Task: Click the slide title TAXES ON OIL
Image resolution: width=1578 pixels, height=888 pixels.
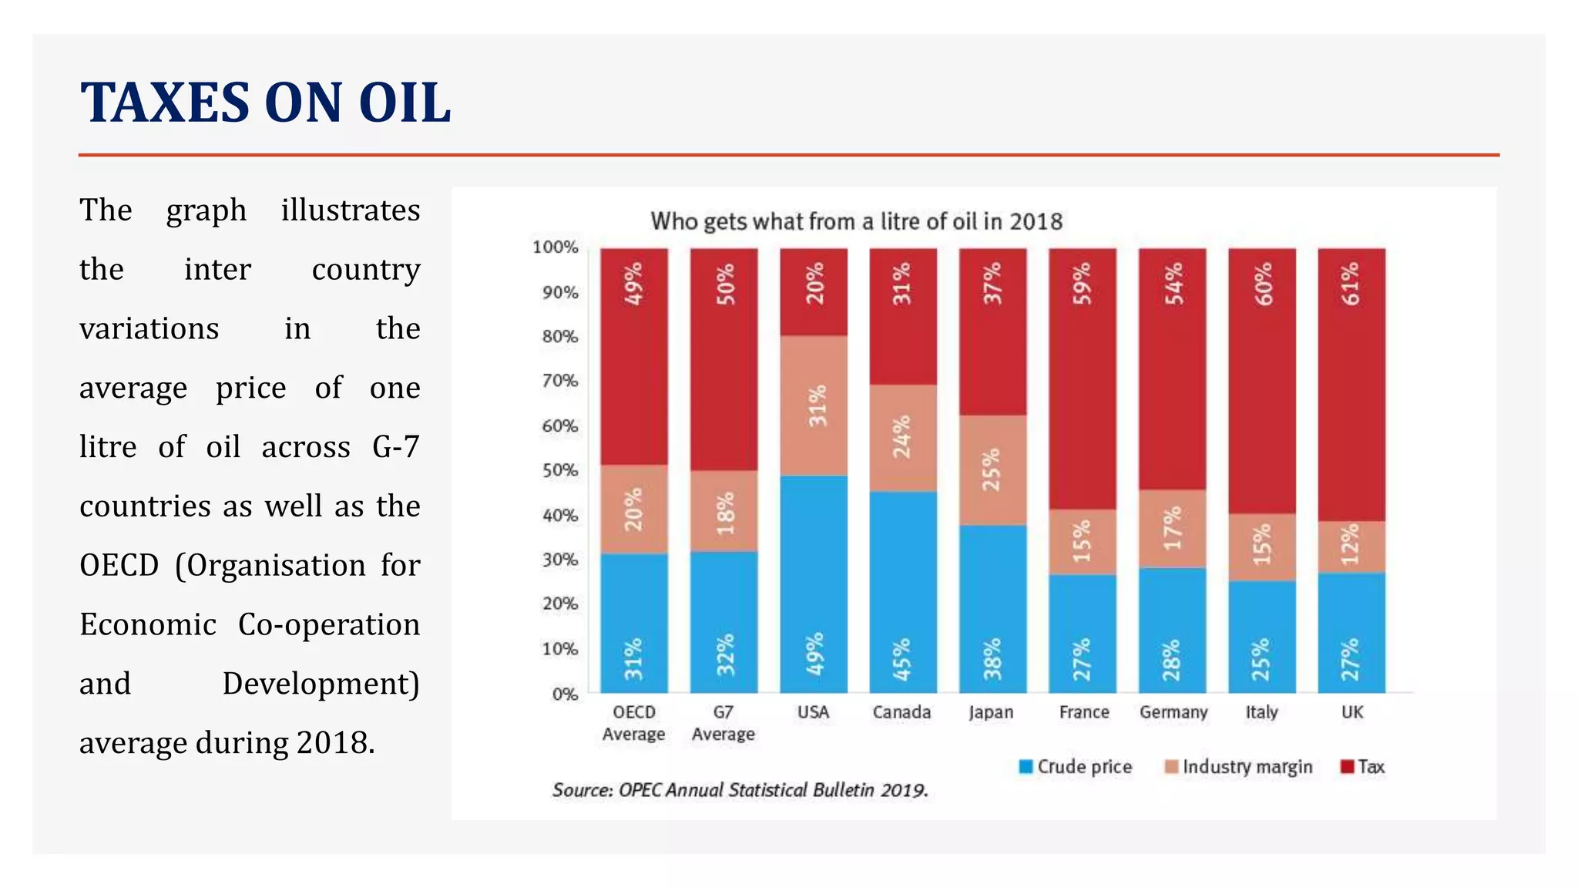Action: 265,103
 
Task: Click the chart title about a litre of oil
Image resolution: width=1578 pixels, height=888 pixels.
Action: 856,222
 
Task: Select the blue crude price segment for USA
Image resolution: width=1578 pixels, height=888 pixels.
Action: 813,584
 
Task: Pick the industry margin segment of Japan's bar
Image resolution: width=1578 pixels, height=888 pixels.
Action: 992,470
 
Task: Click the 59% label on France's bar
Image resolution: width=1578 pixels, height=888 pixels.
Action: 1083,284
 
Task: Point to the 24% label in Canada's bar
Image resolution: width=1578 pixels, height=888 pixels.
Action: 901,437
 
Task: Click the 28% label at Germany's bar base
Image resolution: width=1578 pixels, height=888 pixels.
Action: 1172,660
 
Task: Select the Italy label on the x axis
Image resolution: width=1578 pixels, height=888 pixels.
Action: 1261,712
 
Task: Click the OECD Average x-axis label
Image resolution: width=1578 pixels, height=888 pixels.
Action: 633,723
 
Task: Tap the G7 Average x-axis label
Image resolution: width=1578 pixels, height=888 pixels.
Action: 723,723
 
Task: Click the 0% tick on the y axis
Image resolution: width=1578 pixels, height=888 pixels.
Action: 565,695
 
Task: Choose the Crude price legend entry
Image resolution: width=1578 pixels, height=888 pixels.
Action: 1076,767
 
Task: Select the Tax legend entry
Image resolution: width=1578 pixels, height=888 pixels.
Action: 1363,767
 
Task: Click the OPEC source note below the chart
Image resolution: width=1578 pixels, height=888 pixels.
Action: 740,790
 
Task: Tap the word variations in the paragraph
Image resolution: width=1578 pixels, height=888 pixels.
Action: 149,329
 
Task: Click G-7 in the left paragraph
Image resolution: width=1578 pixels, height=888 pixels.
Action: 395,447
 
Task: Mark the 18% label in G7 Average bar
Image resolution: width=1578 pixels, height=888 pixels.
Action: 725,513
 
